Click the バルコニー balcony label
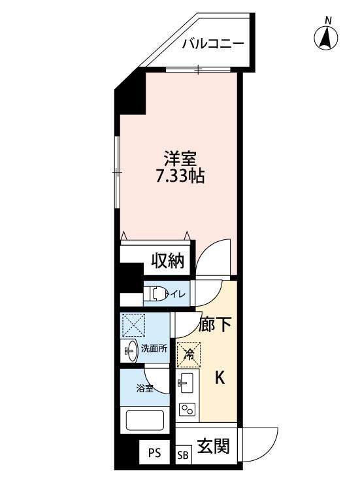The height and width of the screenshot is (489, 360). point(213,44)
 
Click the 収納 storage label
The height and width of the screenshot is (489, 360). point(167,261)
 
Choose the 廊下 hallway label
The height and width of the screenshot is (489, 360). point(215,325)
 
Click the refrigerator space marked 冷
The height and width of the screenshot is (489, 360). point(188,355)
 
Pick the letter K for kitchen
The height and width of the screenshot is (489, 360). point(221,377)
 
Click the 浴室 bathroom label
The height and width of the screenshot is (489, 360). point(144,388)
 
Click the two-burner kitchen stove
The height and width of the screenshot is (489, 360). point(187,409)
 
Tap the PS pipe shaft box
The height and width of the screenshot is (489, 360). point(154,453)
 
